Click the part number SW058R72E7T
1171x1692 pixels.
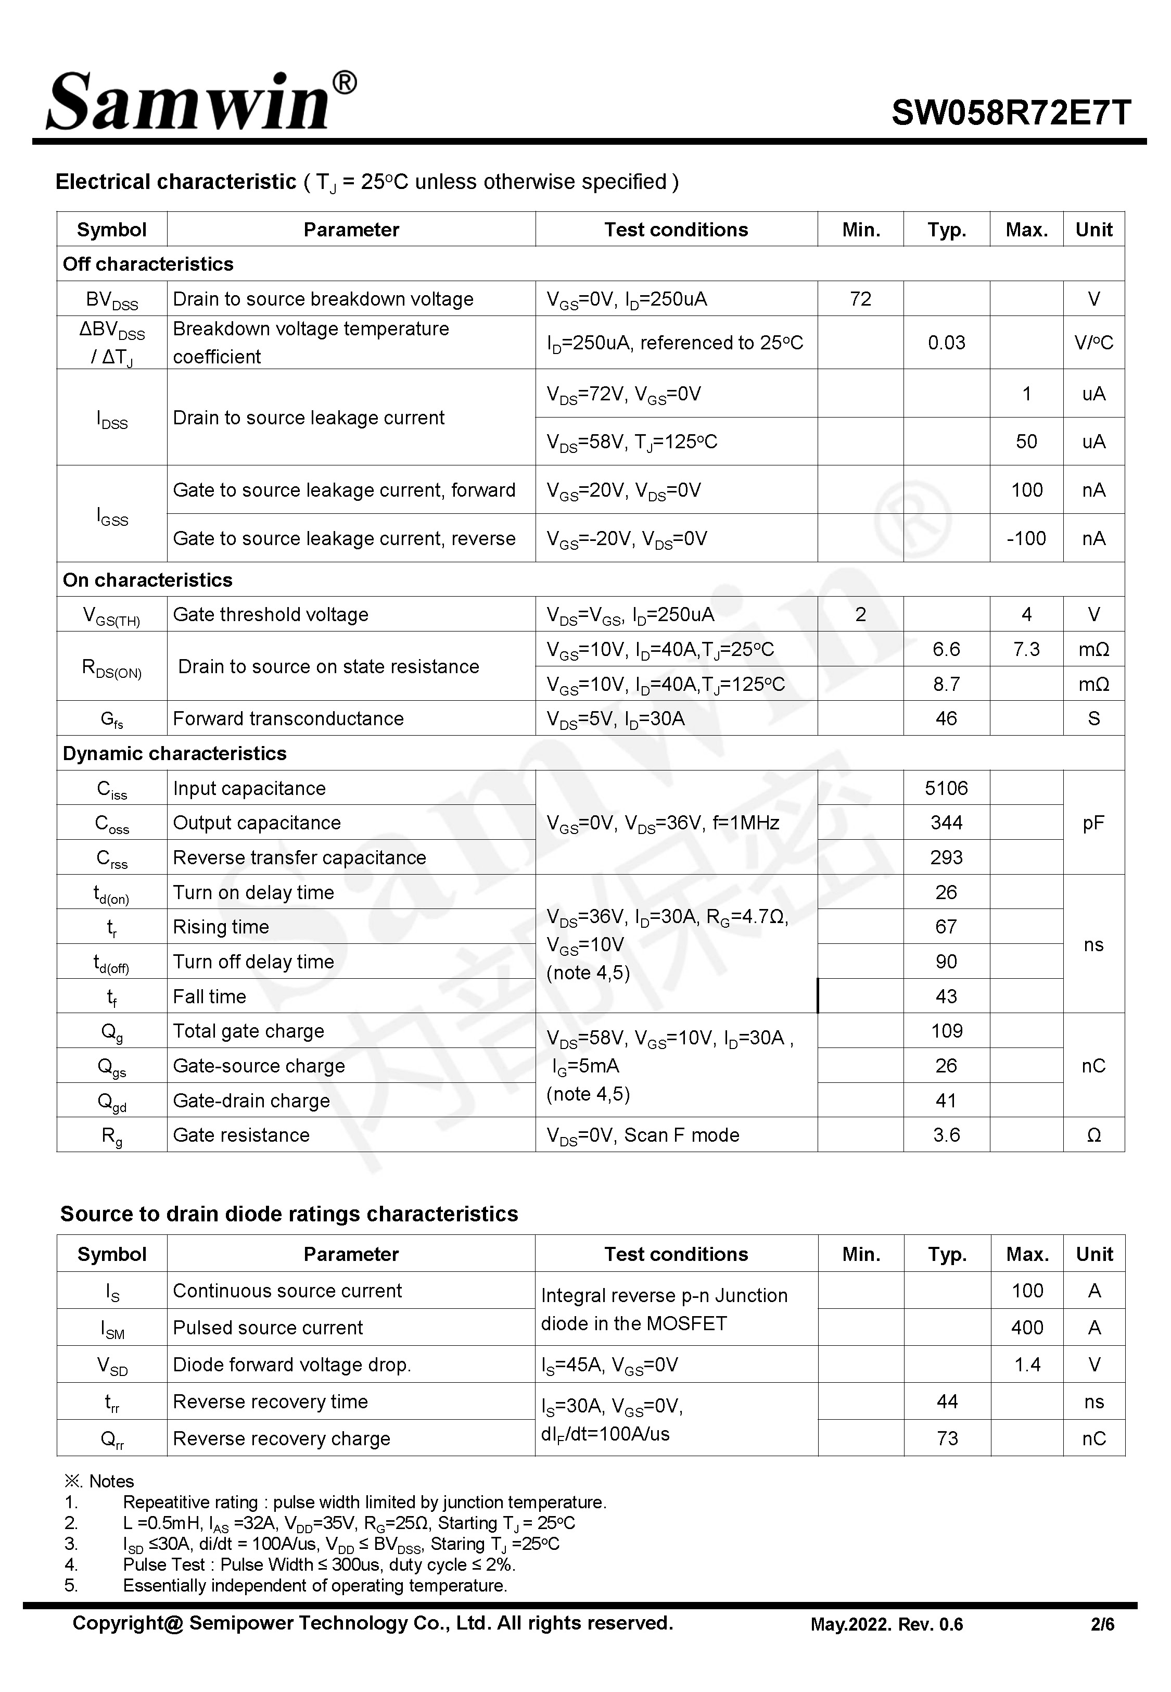[1010, 113]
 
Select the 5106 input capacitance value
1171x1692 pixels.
[946, 788]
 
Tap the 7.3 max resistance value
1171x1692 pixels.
[1026, 649]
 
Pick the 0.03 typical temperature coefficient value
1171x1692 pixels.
[946, 343]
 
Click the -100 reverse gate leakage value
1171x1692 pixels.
[1026, 538]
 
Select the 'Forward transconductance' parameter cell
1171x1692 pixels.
[288, 718]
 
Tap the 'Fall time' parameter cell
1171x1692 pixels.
[209, 996]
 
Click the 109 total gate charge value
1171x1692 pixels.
[946, 1031]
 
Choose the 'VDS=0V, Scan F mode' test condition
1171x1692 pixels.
[643, 1135]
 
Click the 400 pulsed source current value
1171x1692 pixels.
[1026, 1328]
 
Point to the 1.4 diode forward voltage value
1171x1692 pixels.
[1026, 1365]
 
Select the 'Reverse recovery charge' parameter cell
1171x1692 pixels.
[281, 1439]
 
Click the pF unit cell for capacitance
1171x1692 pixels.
[1092, 823]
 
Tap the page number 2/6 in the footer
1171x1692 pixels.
[1102, 1624]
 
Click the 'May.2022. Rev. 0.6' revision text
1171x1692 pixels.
[886, 1624]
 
